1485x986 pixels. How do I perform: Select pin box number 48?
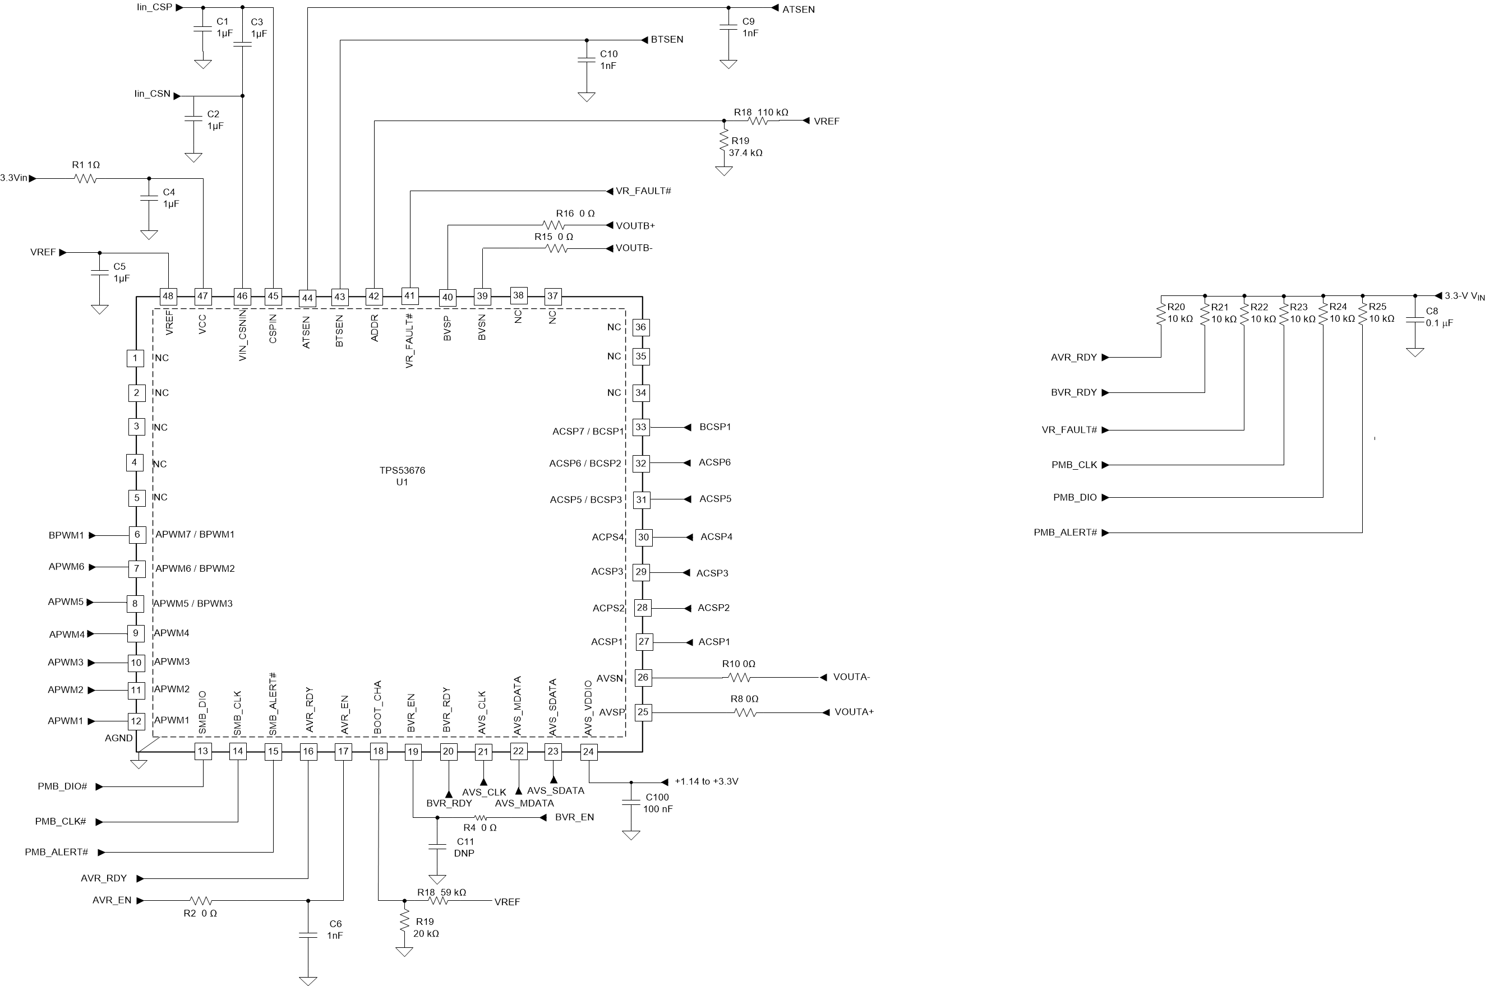[168, 296]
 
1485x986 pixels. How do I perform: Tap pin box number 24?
[588, 752]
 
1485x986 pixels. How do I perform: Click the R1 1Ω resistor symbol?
[86, 179]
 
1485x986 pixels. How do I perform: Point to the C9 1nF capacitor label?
[750, 27]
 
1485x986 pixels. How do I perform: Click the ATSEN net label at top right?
[798, 10]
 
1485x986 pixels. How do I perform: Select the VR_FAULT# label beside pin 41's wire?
[643, 191]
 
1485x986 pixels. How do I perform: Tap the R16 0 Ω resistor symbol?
[554, 225]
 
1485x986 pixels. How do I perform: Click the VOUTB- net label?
[634, 248]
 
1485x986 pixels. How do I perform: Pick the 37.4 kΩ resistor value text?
[745, 153]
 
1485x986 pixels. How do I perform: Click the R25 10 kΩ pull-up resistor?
[1362, 314]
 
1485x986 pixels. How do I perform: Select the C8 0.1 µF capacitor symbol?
[1415, 320]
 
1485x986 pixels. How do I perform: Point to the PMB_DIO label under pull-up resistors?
[1075, 497]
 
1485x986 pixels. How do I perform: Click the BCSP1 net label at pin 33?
[715, 427]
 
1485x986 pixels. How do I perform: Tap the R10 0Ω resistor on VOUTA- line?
[739, 678]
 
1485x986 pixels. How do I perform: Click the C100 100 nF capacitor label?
[657, 803]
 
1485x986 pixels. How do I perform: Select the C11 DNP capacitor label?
[465, 847]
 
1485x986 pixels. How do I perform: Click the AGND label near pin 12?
[118, 738]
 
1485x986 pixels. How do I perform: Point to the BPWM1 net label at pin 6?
[66, 536]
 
